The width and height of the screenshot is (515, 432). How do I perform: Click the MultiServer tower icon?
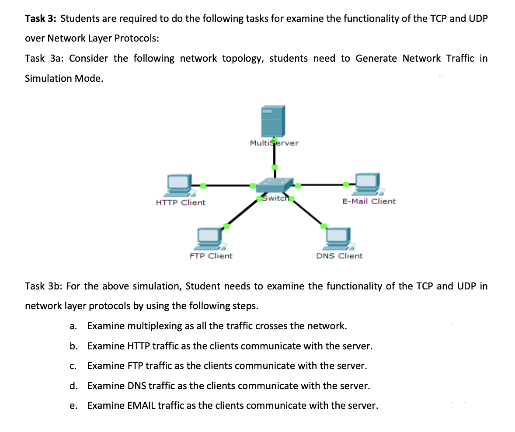pyautogui.click(x=273, y=121)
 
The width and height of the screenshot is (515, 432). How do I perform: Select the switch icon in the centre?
pyautogui.click(x=275, y=185)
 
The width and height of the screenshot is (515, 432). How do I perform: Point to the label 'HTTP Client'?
pyautogui.click(x=181, y=202)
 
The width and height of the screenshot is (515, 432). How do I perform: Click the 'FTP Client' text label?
pyautogui.click(x=211, y=256)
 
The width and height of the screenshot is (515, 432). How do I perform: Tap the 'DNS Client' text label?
pyautogui.click(x=339, y=256)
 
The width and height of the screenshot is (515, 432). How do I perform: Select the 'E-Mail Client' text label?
pyautogui.click(x=369, y=201)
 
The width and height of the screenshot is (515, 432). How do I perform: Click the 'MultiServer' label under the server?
pyautogui.click(x=274, y=143)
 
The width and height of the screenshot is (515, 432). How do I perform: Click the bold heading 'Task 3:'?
pyautogui.click(x=41, y=19)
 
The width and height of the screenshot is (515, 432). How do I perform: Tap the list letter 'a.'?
pyautogui.click(x=73, y=326)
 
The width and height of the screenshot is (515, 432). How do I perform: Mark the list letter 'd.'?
pyautogui.click(x=73, y=386)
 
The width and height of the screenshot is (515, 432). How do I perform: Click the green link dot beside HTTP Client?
pyautogui.click(x=203, y=185)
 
